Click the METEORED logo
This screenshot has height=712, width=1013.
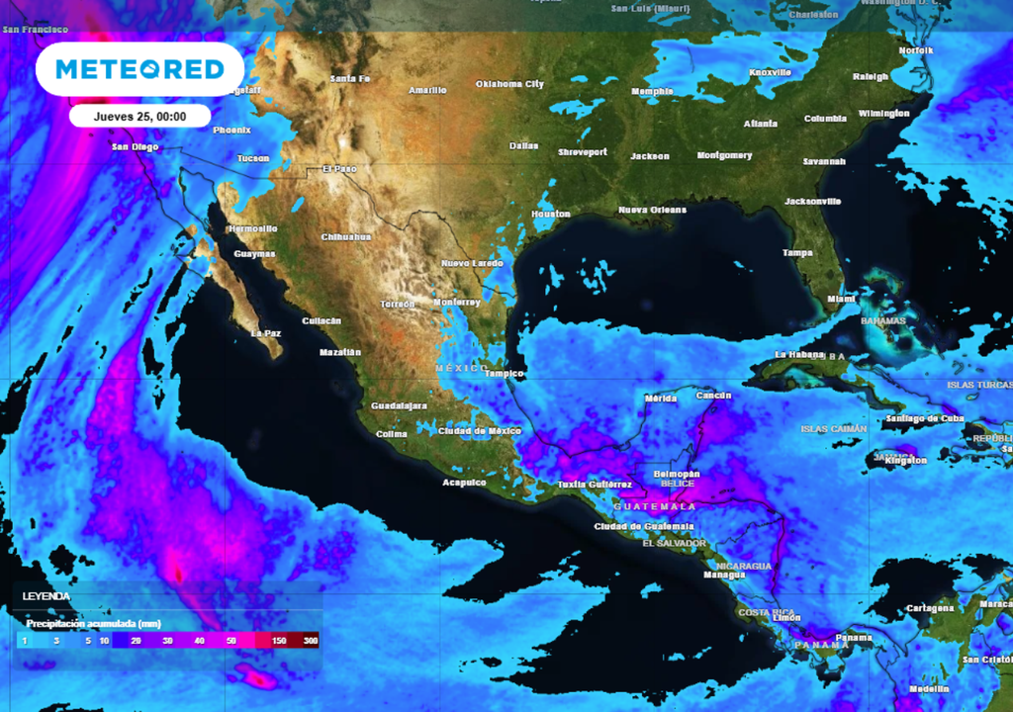point(139,69)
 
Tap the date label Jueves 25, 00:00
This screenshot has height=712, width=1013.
point(139,116)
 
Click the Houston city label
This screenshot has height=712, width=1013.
point(551,214)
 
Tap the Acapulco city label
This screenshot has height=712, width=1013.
point(464,483)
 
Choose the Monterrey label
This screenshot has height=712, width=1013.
point(457,302)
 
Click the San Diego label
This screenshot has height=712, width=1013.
point(135,146)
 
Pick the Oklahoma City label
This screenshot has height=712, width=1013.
point(509,84)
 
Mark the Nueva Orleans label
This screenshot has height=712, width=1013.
point(652,210)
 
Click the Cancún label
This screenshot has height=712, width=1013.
point(713,396)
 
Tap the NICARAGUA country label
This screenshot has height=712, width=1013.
point(743,566)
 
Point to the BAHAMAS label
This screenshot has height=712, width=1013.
point(882,321)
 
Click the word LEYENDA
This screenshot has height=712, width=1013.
point(46,596)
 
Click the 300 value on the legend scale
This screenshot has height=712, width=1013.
point(311,642)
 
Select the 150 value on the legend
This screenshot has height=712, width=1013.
point(280,642)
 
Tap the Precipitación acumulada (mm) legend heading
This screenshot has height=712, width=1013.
point(94,624)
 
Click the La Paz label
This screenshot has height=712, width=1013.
point(266,333)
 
